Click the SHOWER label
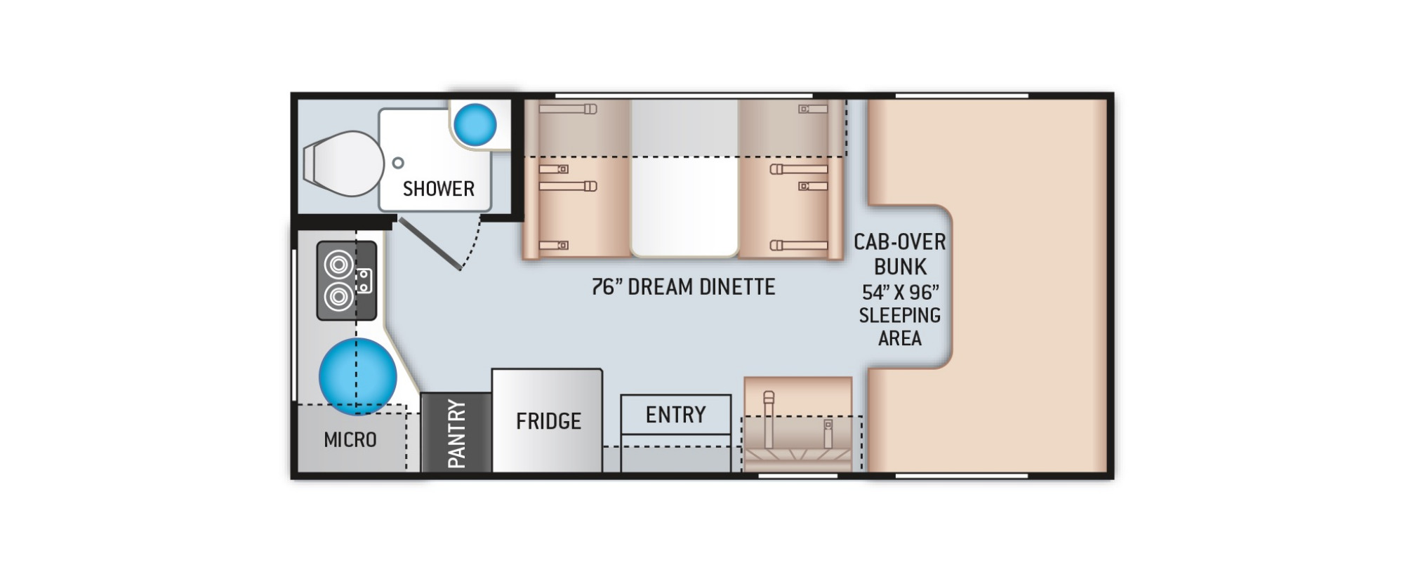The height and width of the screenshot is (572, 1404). [x=439, y=189]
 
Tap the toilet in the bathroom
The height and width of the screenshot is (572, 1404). [x=343, y=164]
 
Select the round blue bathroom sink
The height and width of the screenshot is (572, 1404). [x=475, y=125]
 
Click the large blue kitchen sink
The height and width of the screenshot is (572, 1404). [x=358, y=376]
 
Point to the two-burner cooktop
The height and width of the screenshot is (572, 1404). [x=347, y=281]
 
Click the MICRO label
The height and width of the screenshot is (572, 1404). [x=350, y=440]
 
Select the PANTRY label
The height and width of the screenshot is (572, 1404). [x=456, y=434]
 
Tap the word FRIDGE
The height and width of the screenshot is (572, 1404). [x=548, y=421]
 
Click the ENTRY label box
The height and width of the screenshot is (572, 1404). [x=676, y=415]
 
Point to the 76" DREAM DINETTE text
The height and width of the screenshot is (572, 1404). [x=683, y=286]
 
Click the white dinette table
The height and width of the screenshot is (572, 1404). [x=684, y=178]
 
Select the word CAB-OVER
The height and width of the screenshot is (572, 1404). [x=900, y=242]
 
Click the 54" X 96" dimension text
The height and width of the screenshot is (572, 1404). [x=901, y=291]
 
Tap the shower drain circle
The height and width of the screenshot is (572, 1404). [x=398, y=163]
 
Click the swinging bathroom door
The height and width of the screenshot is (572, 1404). [x=430, y=244]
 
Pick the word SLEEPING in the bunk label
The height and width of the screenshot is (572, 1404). [x=900, y=315]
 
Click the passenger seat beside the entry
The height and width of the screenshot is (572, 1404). [x=798, y=424]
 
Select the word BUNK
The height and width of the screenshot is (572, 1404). [x=901, y=267]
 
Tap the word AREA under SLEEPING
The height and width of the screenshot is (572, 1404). [x=900, y=338]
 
